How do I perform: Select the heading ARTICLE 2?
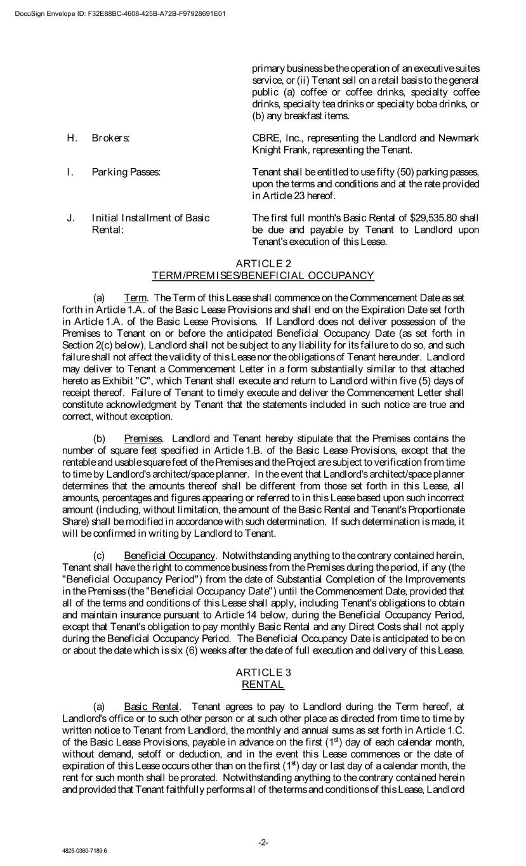click(263, 263)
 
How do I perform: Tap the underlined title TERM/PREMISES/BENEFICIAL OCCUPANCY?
click(263, 275)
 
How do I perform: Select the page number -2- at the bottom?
click(263, 842)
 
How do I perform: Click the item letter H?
click(71, 138)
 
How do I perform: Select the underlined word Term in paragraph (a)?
click(135, 298)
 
